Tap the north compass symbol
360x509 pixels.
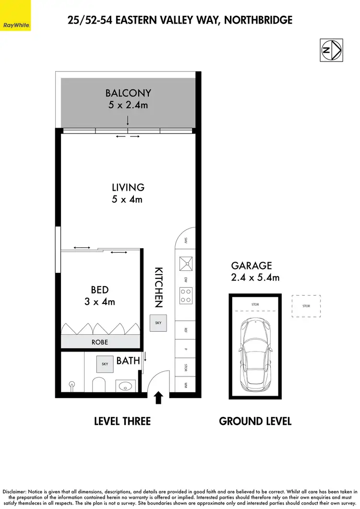coord(332,50)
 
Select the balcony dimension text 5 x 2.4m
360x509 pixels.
coord(128,105)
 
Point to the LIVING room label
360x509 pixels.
coord(128,187)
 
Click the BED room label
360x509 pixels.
coord(100,290)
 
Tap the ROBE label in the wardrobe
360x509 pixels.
coord(100,342)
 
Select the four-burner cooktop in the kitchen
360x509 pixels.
coord(186,295)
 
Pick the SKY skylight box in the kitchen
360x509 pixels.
coord(158,323)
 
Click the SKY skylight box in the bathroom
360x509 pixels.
coord(105,364)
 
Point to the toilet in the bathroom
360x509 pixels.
coord(98,386)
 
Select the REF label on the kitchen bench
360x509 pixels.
coord(185,330)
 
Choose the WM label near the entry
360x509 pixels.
coord(185,385)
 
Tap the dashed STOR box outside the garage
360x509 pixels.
coord(306,306)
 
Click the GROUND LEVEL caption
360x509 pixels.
coord(255,421)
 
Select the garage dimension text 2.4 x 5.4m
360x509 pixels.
coord(255,277)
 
